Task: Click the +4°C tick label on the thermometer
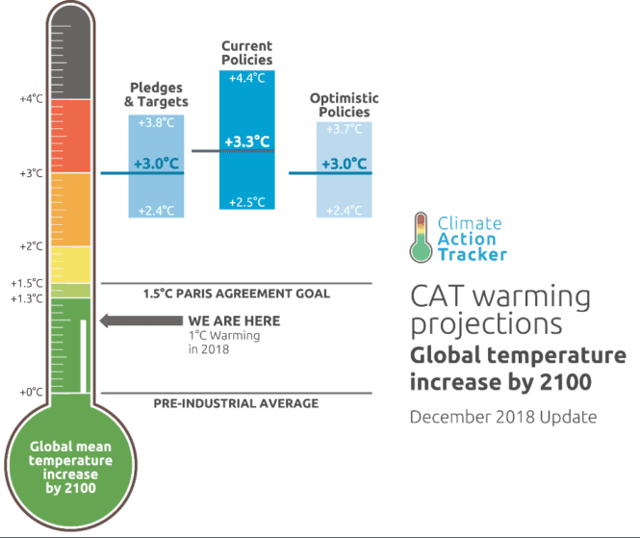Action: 31,99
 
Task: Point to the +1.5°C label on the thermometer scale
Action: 27,283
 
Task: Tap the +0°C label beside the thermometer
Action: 31,392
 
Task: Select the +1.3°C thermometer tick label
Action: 27,298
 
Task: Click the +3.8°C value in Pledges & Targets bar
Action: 157,123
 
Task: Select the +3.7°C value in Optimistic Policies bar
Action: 344,129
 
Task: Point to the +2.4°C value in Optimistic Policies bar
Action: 344,211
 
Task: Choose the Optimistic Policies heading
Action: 344,105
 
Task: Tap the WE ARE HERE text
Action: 234,320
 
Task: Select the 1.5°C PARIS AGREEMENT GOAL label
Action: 236,294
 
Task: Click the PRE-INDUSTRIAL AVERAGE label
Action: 236,403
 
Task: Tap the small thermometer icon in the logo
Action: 420,238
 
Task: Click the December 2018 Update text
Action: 502,417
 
